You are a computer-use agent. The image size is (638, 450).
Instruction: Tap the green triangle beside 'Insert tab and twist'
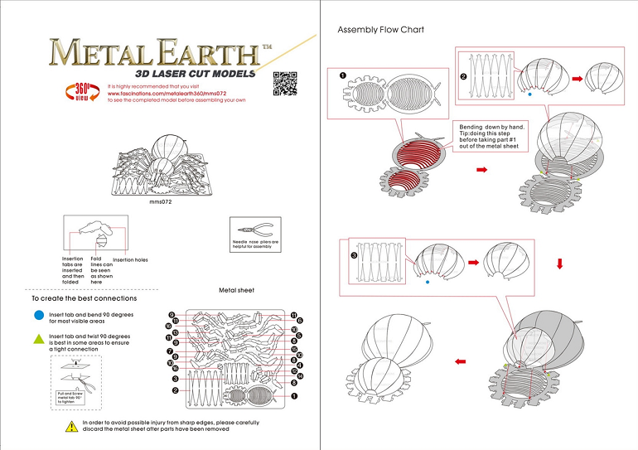pos(38,337)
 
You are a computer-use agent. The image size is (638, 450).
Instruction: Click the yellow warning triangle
pos(72,426)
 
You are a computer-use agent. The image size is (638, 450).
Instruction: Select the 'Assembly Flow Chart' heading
pos(380,30)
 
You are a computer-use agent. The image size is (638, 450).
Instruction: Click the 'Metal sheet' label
pos(237,291)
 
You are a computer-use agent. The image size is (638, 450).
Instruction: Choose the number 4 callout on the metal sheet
pos(298,365)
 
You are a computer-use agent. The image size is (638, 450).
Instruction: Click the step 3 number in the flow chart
pos(354,256)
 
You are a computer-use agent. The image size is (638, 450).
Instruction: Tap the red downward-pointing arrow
pos(560,264)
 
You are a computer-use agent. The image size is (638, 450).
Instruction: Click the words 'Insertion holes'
pos(130,260)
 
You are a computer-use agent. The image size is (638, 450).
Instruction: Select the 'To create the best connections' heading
pos(84,298)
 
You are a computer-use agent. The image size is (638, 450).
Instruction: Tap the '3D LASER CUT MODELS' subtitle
pos(159,72)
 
